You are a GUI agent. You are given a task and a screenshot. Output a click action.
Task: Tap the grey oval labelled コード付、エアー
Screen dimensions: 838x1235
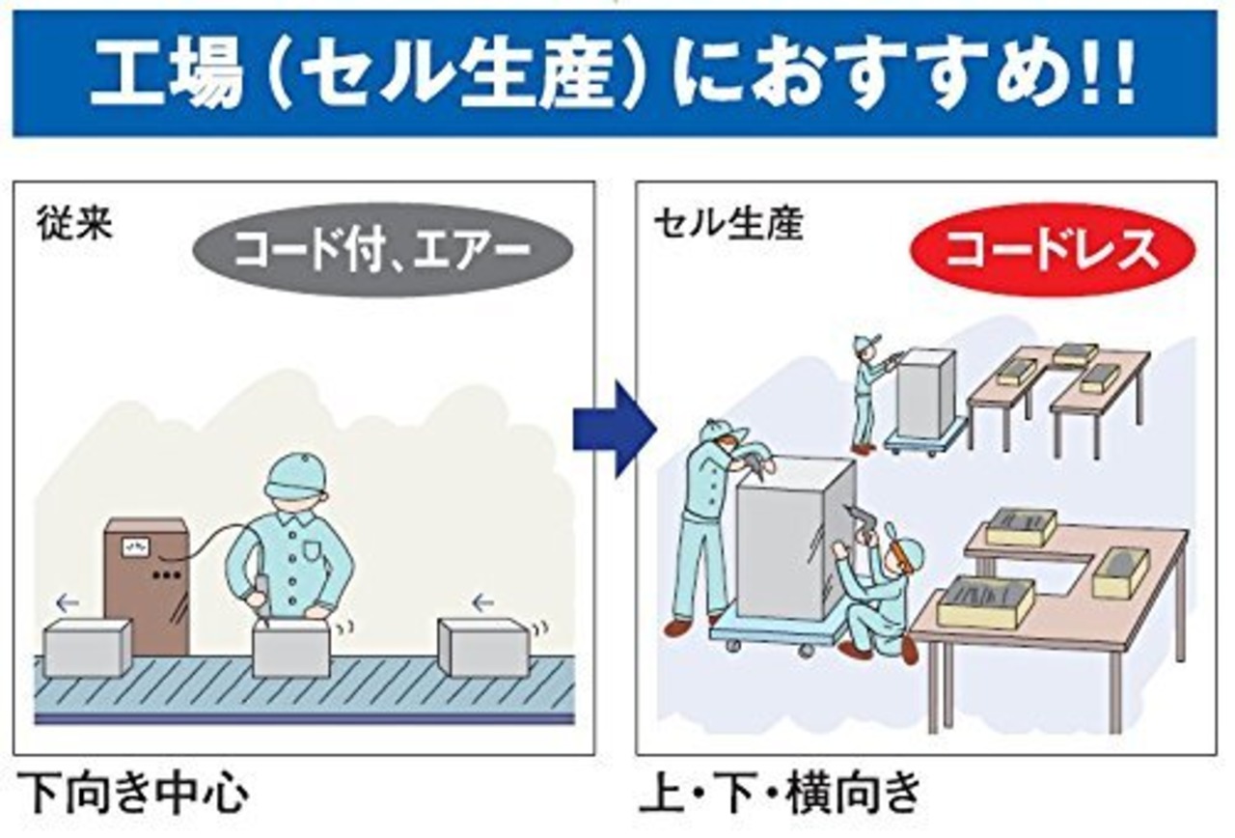click(382, 249)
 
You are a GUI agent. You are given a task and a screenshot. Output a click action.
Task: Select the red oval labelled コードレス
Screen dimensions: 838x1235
click(1053, 248)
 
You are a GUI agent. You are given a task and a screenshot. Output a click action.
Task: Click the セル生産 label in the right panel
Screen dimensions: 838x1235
click(727, 224)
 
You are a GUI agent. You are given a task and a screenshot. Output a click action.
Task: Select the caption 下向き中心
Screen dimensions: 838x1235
click(132, 795)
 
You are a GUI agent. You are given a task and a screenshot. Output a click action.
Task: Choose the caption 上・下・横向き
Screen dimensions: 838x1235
click(780, 795)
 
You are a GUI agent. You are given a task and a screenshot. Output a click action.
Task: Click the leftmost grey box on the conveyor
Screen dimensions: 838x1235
click(87, 646)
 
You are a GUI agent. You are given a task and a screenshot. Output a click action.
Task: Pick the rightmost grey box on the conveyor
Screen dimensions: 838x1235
click(482, 646)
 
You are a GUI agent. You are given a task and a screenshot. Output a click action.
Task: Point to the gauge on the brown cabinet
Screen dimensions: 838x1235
click(133, 547)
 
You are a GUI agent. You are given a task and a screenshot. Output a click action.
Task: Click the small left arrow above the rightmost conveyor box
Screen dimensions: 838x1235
click(482, 603)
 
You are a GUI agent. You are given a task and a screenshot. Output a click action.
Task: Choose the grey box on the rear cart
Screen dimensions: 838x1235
click(925, 393)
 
